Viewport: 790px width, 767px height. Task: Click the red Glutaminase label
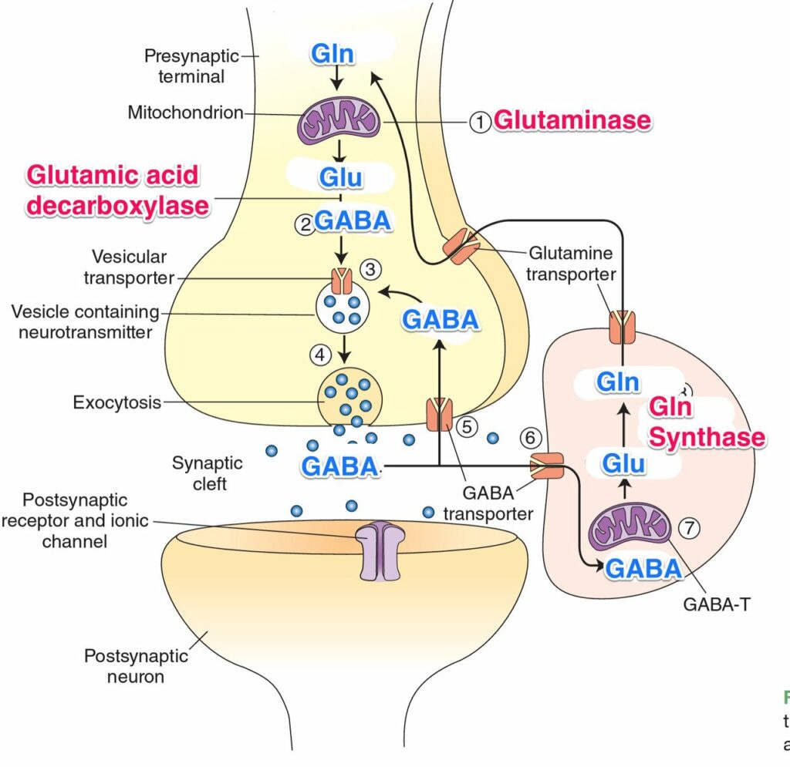[572, 121]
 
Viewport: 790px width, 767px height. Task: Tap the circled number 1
[481, 122]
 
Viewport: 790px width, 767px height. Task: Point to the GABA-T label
[715, 605]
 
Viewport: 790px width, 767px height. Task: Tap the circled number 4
[321, 355]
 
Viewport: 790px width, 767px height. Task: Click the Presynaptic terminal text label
[184, 66]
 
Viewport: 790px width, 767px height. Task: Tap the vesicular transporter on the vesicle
[340, 278]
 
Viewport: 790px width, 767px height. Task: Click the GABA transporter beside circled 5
[439, 413]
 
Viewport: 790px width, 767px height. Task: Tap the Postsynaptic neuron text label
[136, 666]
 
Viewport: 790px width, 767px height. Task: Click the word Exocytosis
[116, 402]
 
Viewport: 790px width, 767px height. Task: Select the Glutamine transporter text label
[571, 262]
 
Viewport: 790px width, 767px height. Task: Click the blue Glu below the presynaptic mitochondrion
[341, 179]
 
